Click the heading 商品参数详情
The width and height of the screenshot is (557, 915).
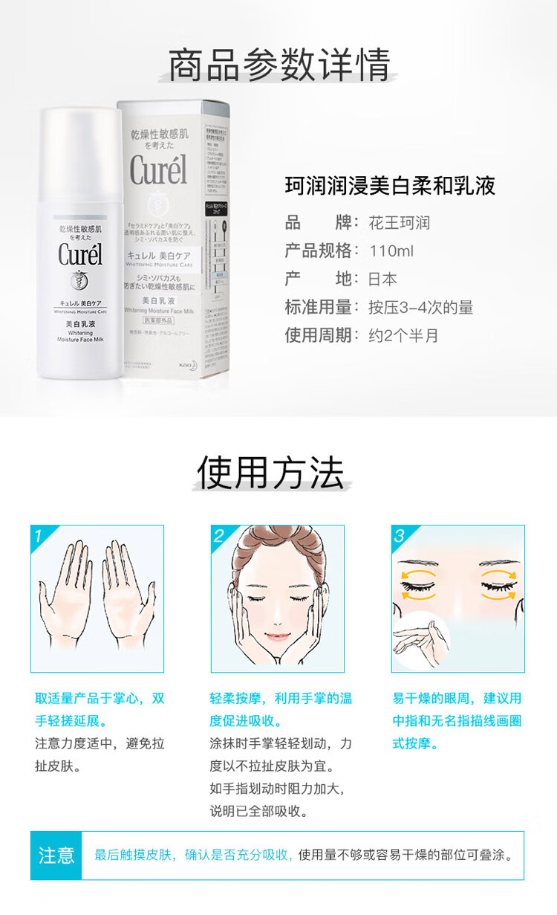[278, 65]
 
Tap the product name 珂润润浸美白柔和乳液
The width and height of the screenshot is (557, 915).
[390, 186]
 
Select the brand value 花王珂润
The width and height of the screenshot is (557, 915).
[399, 223]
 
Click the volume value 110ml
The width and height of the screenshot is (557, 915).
[391, 251]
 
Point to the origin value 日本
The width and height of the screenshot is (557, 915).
[382, 279]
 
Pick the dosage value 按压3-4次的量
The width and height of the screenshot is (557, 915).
[420, 308]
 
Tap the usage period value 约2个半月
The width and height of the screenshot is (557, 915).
[403, 336]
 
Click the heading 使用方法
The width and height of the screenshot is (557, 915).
[270, 473]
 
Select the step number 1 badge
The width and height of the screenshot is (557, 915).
[39, 534]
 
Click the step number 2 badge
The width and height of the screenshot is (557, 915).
[219, 534]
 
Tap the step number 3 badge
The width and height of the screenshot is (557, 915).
[400, 534]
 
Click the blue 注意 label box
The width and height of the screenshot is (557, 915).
[56, 856]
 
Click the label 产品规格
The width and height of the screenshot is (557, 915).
[319, 251]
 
